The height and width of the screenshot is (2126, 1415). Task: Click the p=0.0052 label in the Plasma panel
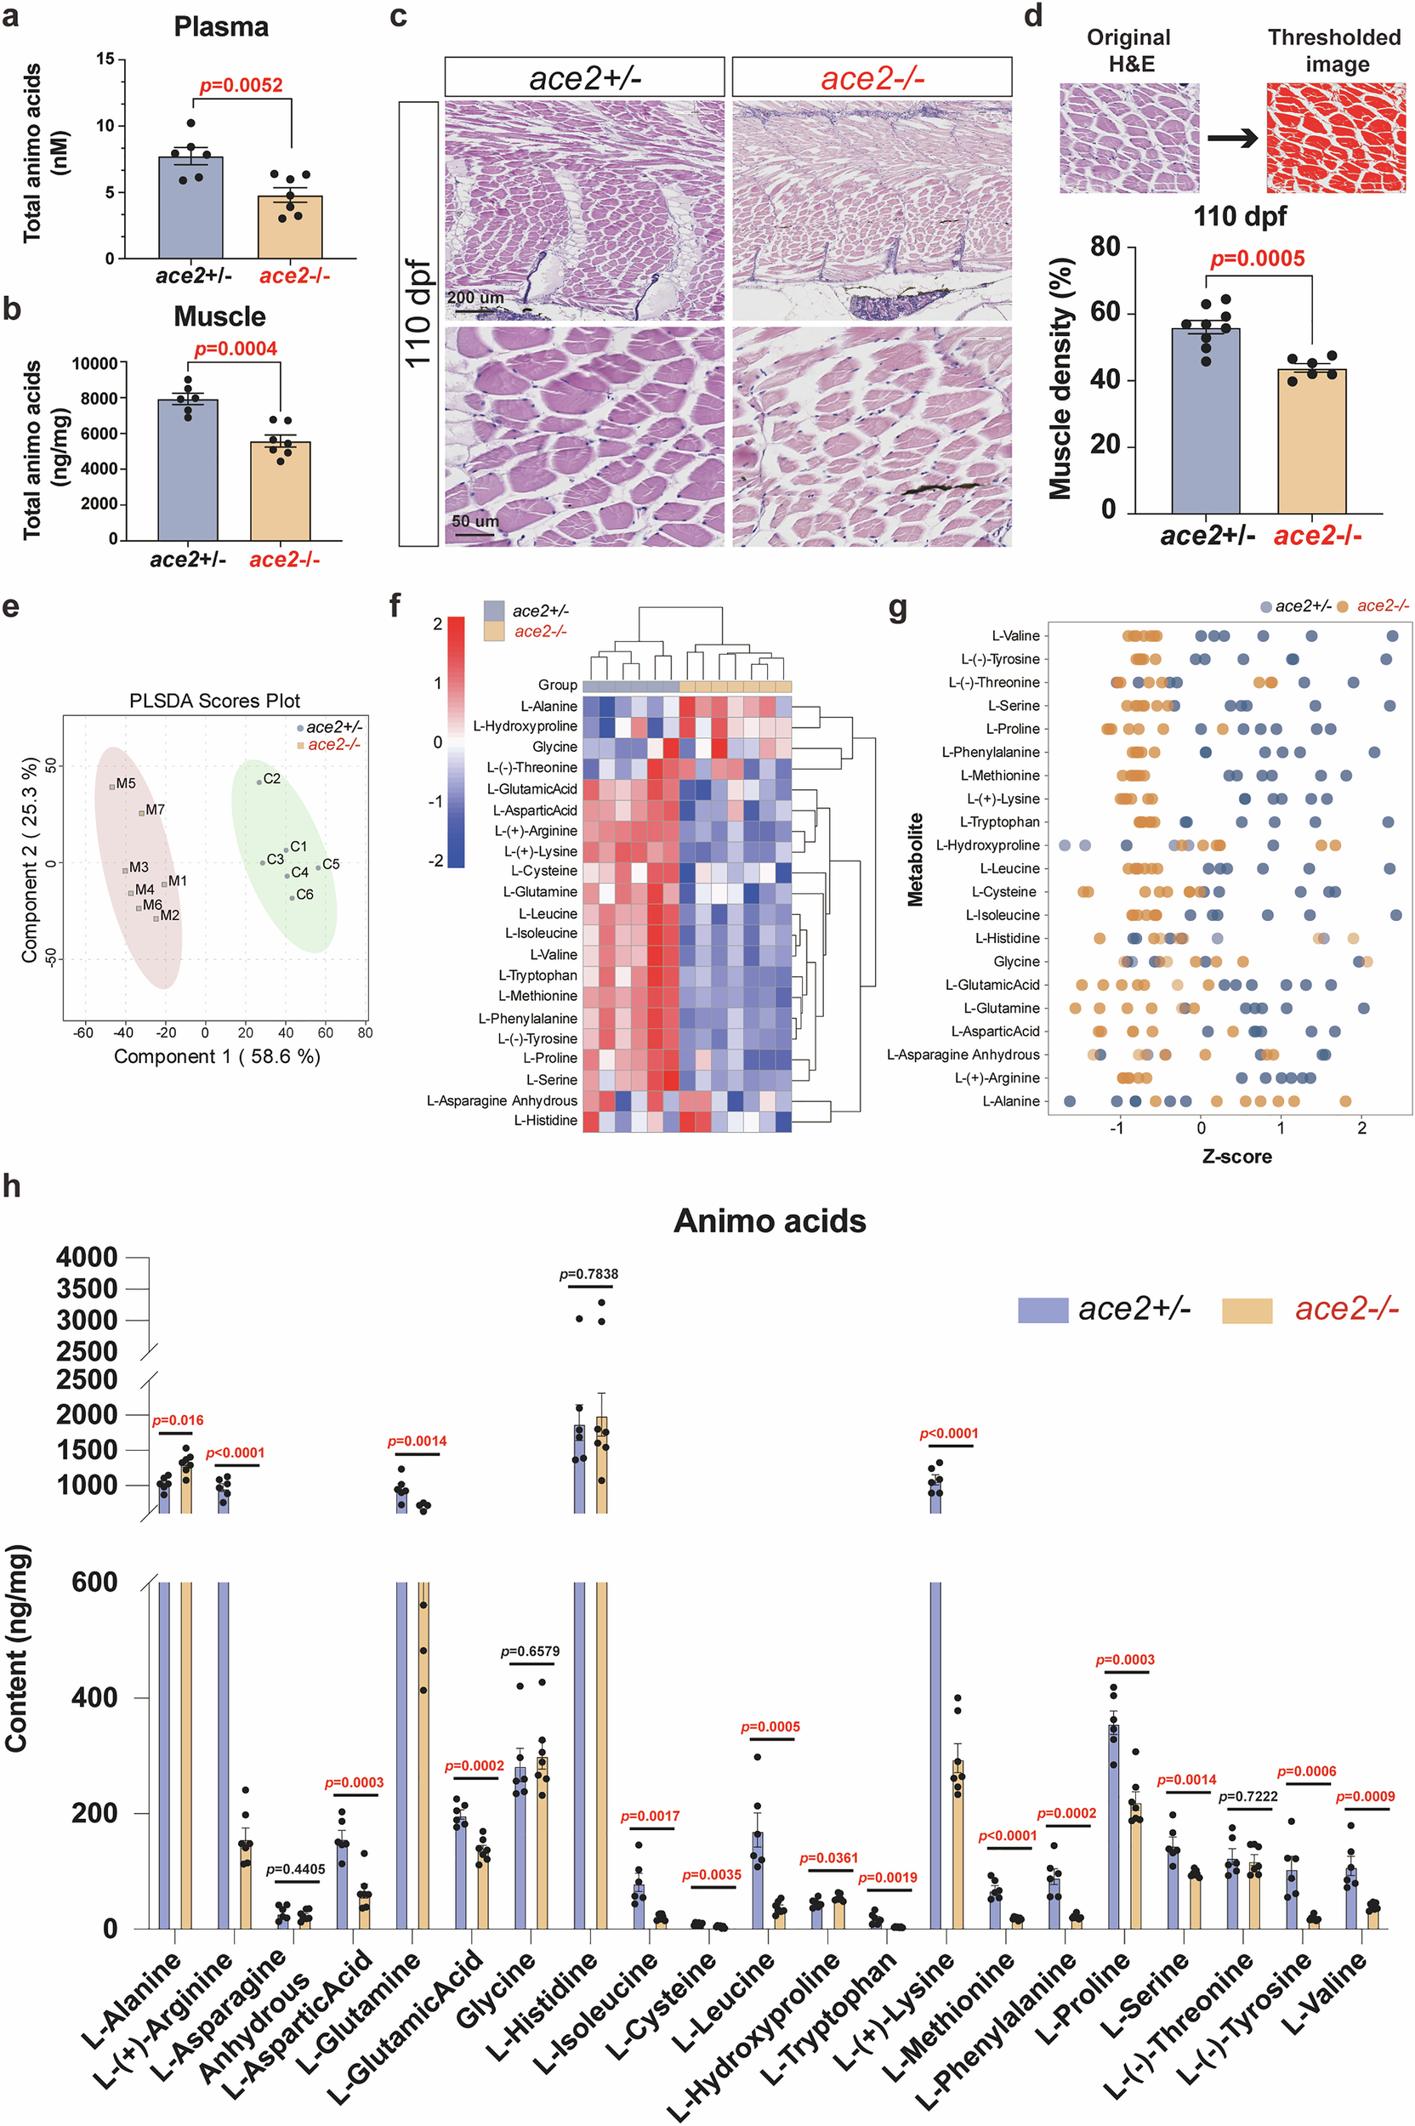[241, 86]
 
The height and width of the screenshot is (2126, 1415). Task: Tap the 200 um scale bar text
[475, 298]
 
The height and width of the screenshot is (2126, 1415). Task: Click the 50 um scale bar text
[475, 520]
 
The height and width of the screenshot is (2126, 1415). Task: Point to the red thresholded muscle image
[1335, 137]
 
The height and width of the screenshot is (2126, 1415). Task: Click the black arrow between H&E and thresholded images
[1233, 138]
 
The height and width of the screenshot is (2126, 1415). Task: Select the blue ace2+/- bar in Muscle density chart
[1205, 420]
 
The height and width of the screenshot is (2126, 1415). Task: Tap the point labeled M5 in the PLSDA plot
[112, 787]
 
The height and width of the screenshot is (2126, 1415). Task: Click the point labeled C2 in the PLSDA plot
[259, 782]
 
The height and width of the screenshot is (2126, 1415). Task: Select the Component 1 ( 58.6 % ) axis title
[217, 1056]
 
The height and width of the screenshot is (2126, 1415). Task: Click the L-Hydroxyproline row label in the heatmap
[526, 726]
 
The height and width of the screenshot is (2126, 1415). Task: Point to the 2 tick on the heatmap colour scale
[438, 623]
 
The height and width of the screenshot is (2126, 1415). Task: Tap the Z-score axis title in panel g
[1236, 1156]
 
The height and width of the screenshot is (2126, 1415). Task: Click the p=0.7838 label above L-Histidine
[588, 1274]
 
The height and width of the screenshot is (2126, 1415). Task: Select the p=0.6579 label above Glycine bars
[530, 1651]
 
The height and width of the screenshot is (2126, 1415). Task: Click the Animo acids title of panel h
[769, 1221]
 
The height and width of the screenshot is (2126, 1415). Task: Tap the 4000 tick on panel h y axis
[87, 1257]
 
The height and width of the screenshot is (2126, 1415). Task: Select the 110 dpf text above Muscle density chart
[1239, 217]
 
